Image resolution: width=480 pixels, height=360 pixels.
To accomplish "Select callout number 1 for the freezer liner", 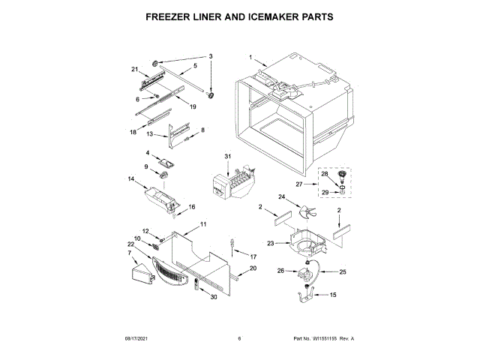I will (x=251, y=56).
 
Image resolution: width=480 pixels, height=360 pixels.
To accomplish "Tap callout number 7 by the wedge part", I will (x=129, y=253).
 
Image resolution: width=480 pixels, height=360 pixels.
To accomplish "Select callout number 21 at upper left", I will (x=136, y=70).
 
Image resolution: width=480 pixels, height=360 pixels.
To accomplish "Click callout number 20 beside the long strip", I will (x=253, y=268).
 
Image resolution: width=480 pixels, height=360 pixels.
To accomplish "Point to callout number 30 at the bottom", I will (x=214, y=297).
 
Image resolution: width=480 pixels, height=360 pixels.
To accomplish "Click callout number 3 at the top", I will (x=211, y=56).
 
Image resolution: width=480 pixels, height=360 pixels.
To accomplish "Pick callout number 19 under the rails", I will (x=192, y=107).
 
